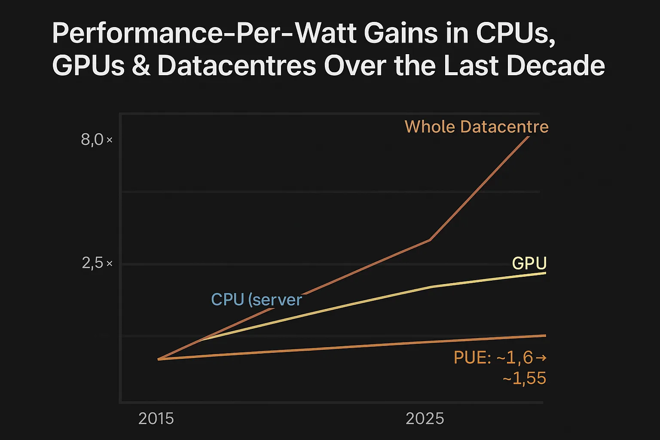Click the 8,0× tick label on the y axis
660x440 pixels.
[96, 140]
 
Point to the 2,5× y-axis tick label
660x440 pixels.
[97, 263]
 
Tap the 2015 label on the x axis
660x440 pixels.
[156, 419]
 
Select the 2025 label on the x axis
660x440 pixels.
[425, 419]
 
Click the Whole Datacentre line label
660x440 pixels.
[477, 127]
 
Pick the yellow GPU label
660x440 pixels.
[529, 263]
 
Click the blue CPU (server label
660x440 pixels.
[257, 299]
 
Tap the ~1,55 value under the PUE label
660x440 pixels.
[524, 379]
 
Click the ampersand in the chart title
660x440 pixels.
[141, 66]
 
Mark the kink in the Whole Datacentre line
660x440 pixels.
[430, 240]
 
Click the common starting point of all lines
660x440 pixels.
[159, 359]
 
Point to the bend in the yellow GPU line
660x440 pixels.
[431, 287]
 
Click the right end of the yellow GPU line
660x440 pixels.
[545, 273]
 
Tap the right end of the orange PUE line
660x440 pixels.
[545, 335]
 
